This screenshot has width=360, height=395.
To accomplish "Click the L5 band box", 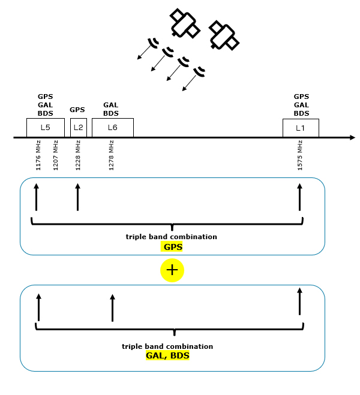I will pyautogui.click(x=45, y=127).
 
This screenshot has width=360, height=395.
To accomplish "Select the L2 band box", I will pyautogui.click(x=79, y=127).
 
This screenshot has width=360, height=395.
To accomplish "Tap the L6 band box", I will pyautogui.click(x=112, y=127).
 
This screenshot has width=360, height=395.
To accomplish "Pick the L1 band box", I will pyautogui.click(x=301, y=128).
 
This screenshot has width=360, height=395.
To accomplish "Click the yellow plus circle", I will pyautogui.click(x=172, y=270).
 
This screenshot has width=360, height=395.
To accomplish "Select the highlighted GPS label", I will pyautogui.click(x=173, y=246).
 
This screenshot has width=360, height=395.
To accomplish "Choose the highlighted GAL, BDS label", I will pyautogui.click(x=167, y=355).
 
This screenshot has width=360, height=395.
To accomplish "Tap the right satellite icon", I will pyautogui.click(x=223, y=35).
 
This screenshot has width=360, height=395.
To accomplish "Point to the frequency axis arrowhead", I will pyautogui.click(x=351, y=138).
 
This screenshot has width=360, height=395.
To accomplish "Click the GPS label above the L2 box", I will pyautogui.click(x=77, y=110).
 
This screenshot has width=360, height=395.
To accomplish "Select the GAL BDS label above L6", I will pyautogui.click(x=111, y=109).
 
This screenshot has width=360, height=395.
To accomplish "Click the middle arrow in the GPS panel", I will pyautogui.click(x=77, y=197).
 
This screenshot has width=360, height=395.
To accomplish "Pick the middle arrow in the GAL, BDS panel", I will pyautogui.click(x=112, y=307).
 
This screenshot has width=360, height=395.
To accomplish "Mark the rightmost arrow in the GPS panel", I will pyautogui.click(x=299, y=197).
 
